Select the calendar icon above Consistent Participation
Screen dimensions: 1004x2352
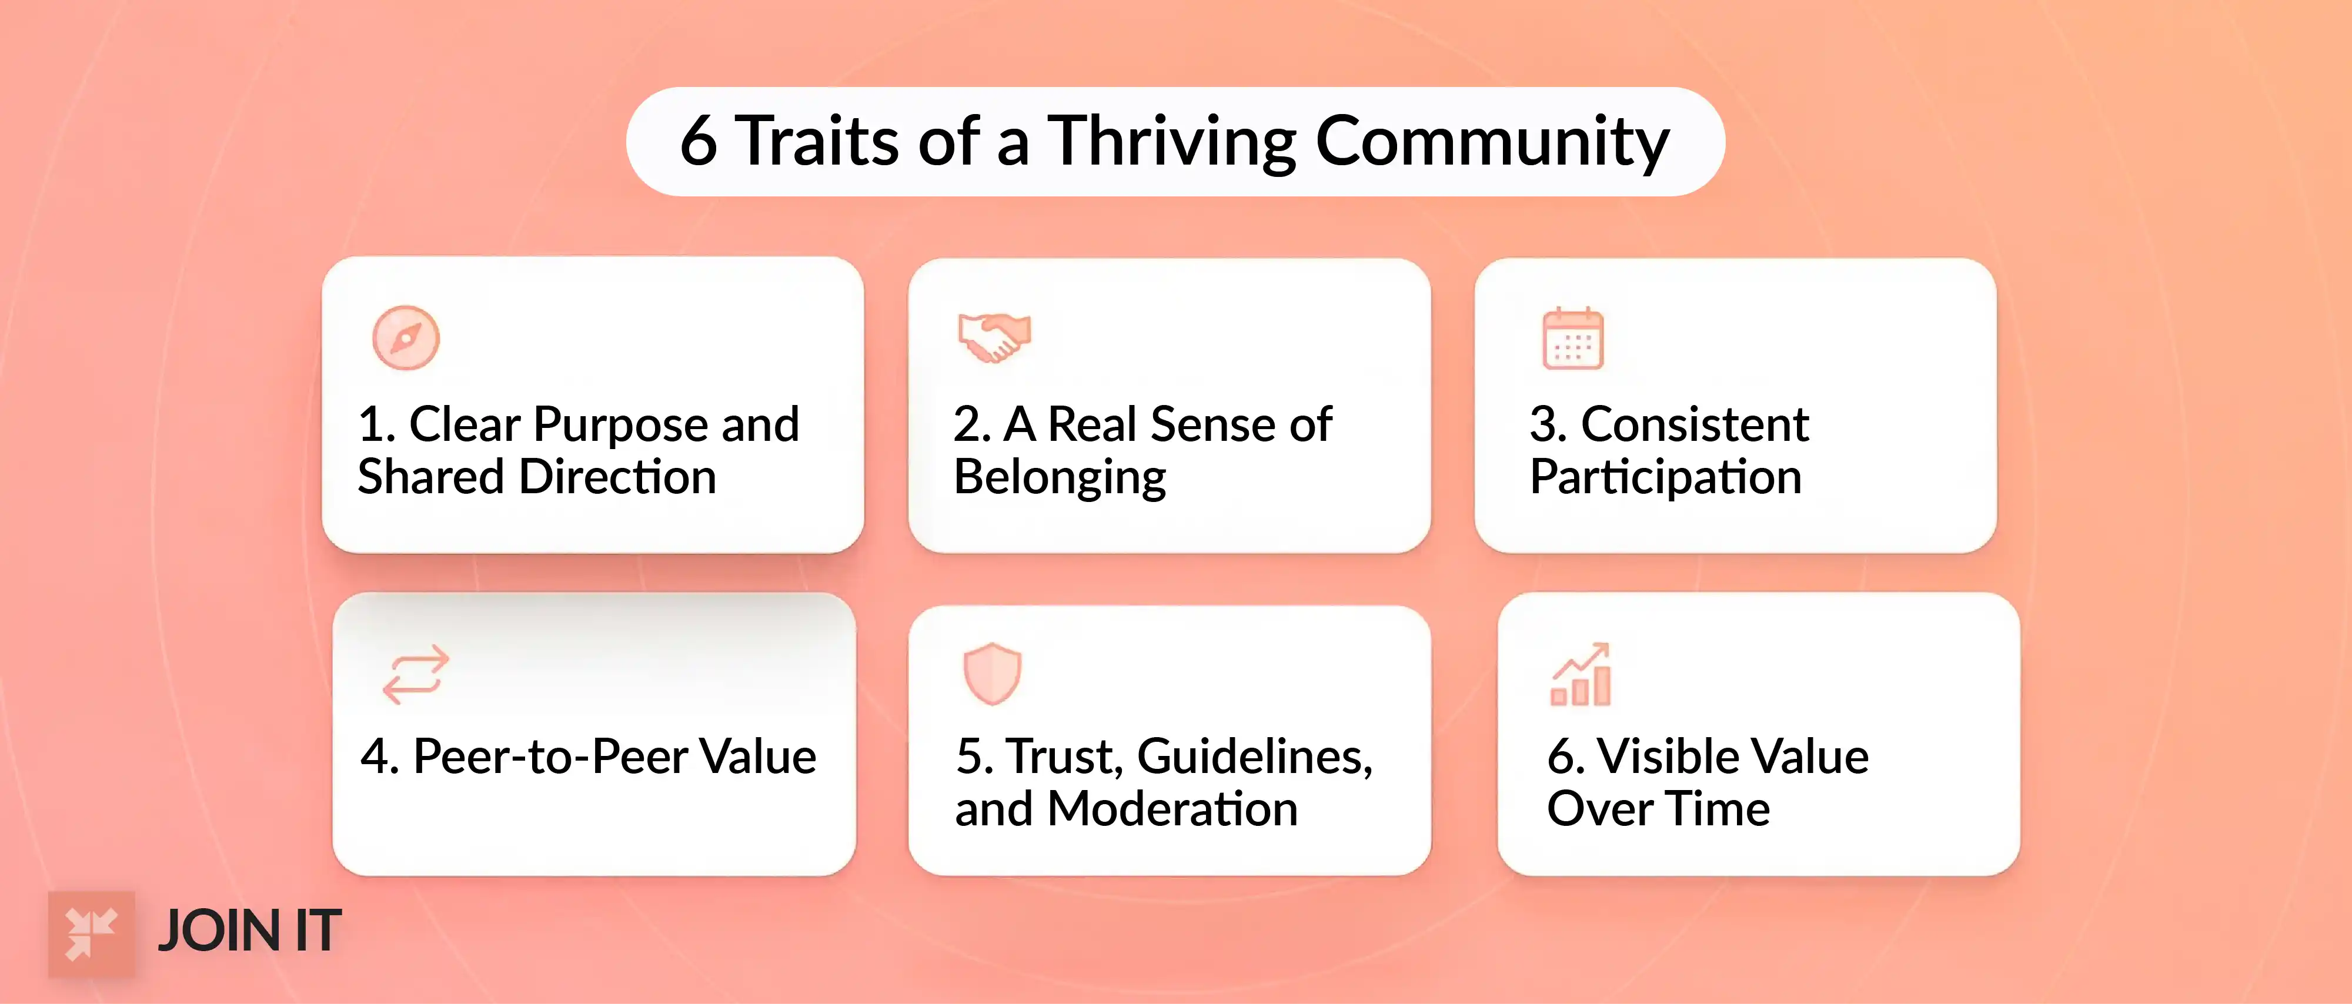point(1572,339)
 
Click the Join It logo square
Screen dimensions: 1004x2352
point(91,933)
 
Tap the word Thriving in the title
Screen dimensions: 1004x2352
point(1171,142)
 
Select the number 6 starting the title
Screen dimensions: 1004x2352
point(699,142)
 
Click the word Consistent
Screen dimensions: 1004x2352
point(1695,424)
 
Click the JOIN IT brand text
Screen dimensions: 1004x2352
point(249,932)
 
